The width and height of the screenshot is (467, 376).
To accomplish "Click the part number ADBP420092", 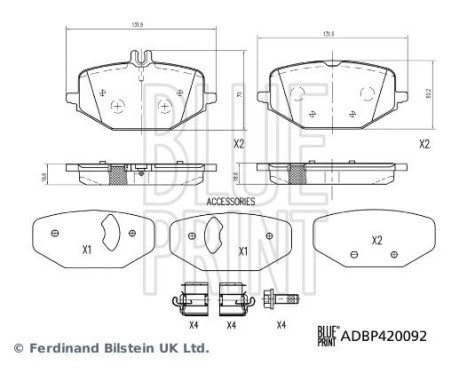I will [x=384, y=337].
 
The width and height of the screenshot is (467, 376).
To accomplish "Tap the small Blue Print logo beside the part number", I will [x=329, y=336].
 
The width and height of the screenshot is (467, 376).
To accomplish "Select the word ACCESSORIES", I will [x=231, y=201].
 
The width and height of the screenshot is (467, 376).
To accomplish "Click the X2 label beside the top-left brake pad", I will [x=239, y=144].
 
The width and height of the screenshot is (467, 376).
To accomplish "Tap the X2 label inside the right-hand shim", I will [x=377, y=240].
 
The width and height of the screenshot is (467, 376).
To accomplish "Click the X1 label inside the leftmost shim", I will [x=86, y=250].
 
